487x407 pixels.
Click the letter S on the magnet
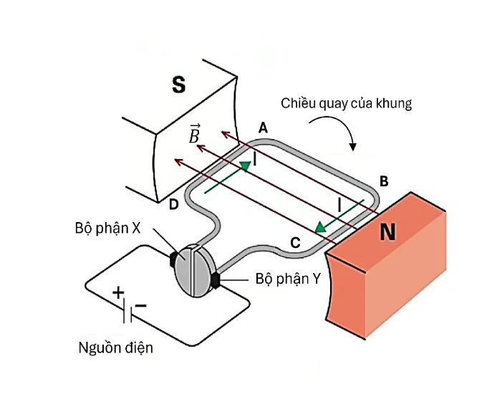[x=178, y=86]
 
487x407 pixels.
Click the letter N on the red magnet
[x=387, y=232]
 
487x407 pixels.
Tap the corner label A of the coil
[x=263, y=128]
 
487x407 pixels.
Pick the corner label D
[x=173, y=206]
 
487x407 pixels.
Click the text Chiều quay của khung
[x=347, y=104]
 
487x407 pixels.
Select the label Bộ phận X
[x=107, y=228]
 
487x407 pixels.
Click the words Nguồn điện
[x=115, y=349]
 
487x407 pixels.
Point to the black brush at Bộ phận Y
[x=216, y=280]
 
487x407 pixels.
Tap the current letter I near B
[x=339, y=206]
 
